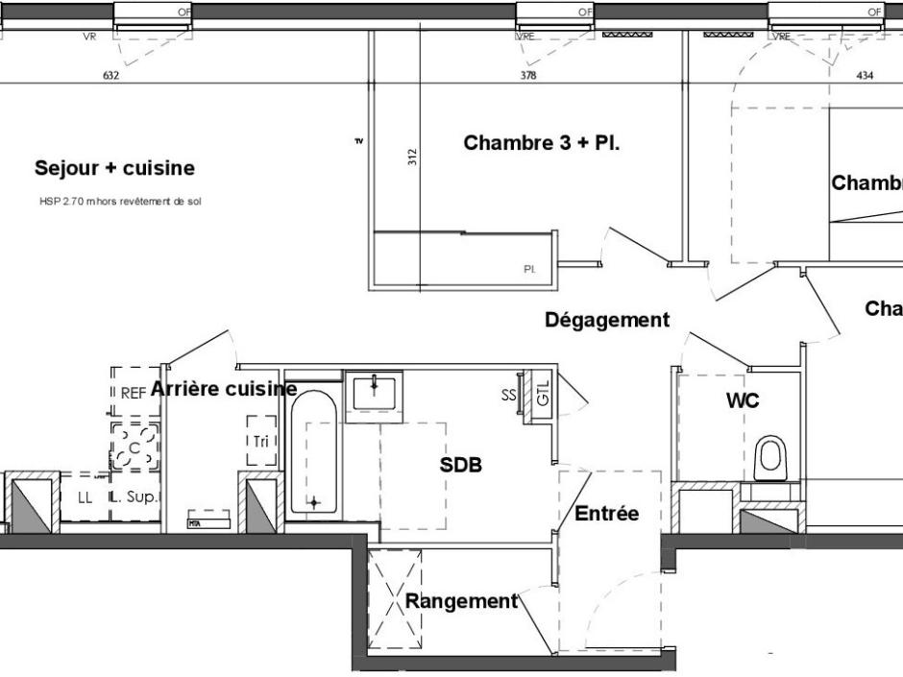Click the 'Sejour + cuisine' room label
pyautogui.click(x=114, y=168)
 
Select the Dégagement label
pyautogui.click(x=606, y=320)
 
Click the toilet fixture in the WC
pyautogui.click(x=770, y=458)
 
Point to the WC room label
pyautogui.click(x=743, y=400)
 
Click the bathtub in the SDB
pyautogui.click(x=313, y=451)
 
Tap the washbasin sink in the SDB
pyautogui.click(x=374, y=393)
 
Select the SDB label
pyautogui.click(x=460, y=466)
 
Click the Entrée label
pyautogui.click(x=606, y=514)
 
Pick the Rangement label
pyautogui.click(x=461, y=602)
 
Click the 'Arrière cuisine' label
pyautogui.click(x=223, y=389)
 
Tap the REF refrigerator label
pyautogui.click(x=133, y=393)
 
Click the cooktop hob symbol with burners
pyautogui.click(x=134, y=446)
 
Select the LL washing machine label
pyautogui.click(x=85, y=497)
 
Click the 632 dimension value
pyautogui.click(x=110, y=76)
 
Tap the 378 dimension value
pyautogui.click(x=528, y=76)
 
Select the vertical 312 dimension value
pyautogui.click(x=412, y=157)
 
